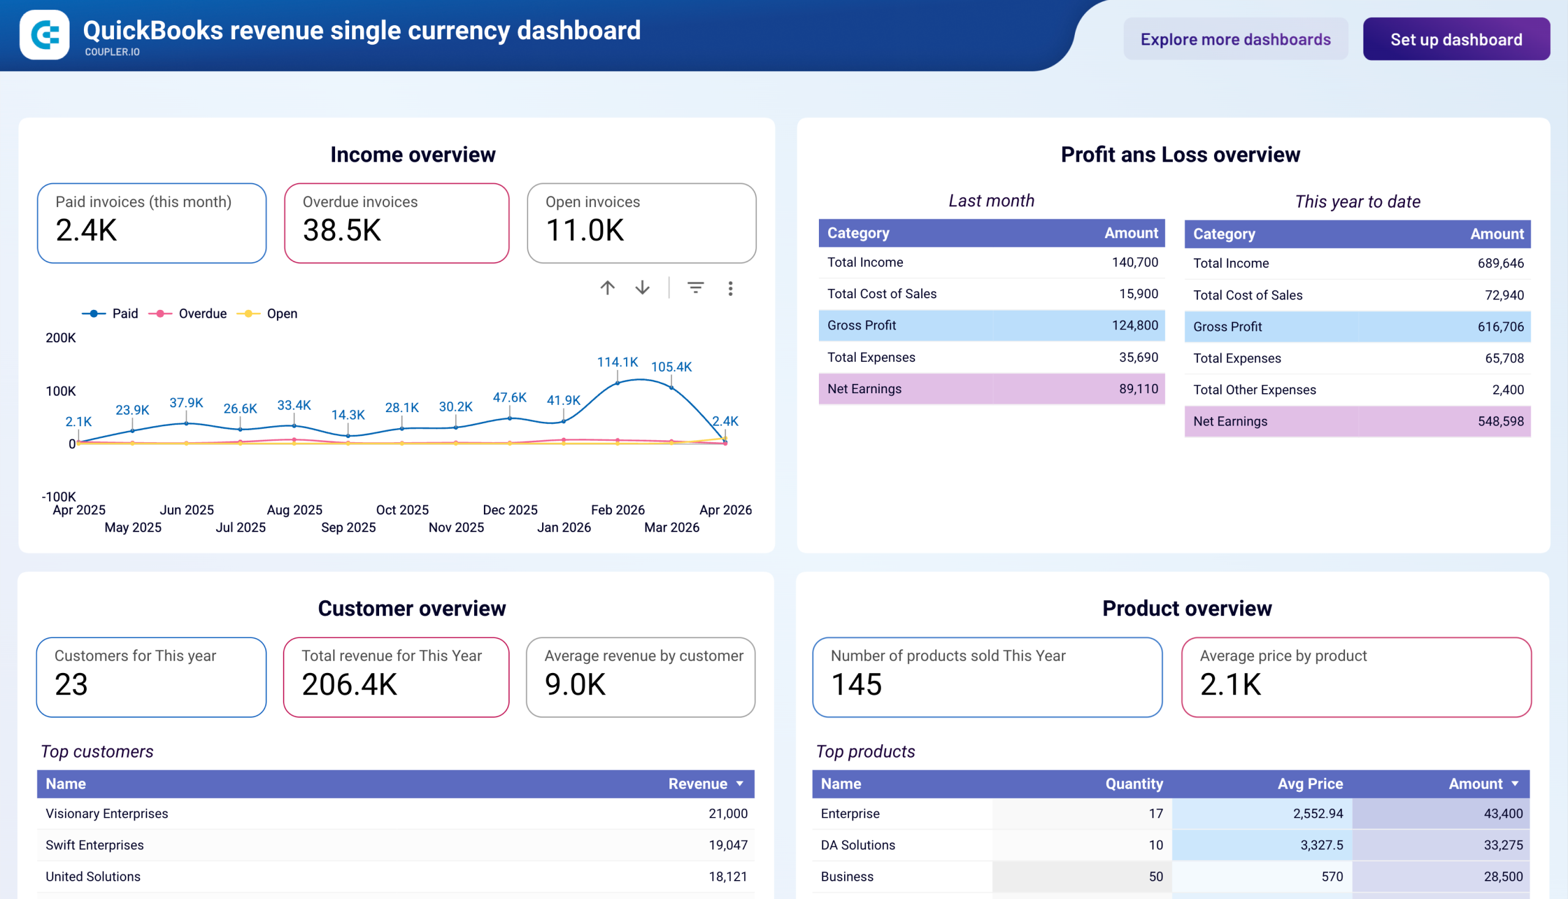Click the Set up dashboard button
tap(1455, 40)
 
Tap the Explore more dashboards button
tap(1235, 40)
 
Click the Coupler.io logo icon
tap(45, 34)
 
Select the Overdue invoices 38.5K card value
tap(342, 230)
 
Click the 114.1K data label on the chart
tap(617, 363)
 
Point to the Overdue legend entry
tap(202, 314)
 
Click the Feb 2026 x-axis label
tap(617, 510)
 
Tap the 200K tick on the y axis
tap(61, 338)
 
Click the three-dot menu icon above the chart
tap(730, 288)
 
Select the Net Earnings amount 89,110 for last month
tap(1138, 389)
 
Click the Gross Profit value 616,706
tap(1500, 326)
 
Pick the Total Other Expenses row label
tap(1254, 389)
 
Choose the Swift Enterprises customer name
tap(94, 844)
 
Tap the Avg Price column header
tap(1310, 783)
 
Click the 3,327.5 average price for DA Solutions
tap(1321, 844)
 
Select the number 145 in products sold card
tap(856, 684)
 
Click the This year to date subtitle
tap(1357, 202)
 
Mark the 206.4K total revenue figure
tap(349, 684)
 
